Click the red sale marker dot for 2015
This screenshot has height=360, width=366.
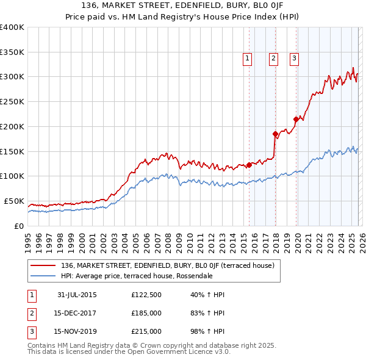point(249,165)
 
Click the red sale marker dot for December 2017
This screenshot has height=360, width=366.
point(275,134)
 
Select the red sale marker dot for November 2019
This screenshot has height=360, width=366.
point(296,119)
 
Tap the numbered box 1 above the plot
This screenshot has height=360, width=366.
point(248,59)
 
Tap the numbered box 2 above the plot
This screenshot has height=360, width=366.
point(273,59)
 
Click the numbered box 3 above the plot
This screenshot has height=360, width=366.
point(294,59)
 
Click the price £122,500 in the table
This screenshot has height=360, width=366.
point(146,295)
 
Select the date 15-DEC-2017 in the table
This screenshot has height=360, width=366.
point(77,313)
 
